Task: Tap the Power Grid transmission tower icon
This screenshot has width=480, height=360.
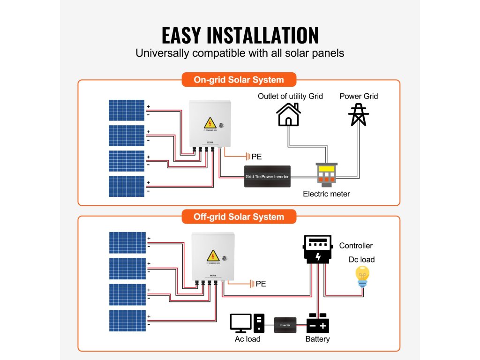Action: tap(359, 114)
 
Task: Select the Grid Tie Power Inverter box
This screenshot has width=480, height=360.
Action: tap(267, 176)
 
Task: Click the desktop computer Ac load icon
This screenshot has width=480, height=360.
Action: tap(247, 323)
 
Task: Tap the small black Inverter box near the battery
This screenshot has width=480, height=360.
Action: tap(285, 325)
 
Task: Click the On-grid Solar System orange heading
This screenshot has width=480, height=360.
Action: tap(239, 80)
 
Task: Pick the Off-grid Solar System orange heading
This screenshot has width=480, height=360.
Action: tap(239, 217)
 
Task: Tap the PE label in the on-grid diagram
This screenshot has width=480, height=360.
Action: tap(256, 157)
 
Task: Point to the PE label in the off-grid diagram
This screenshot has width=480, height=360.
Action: tap(261, 284)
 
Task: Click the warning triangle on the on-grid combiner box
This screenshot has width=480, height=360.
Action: tap(210, 123)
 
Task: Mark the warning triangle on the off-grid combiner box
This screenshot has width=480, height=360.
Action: tap(213, 255)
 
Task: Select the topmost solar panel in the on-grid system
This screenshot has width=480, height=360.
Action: tap(127, 110)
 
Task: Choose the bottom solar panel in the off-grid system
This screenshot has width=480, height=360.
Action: tap(127, 320)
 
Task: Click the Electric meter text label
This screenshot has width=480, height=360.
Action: tap(326, 194)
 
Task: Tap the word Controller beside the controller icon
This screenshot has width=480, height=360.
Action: tap(356, 246)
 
